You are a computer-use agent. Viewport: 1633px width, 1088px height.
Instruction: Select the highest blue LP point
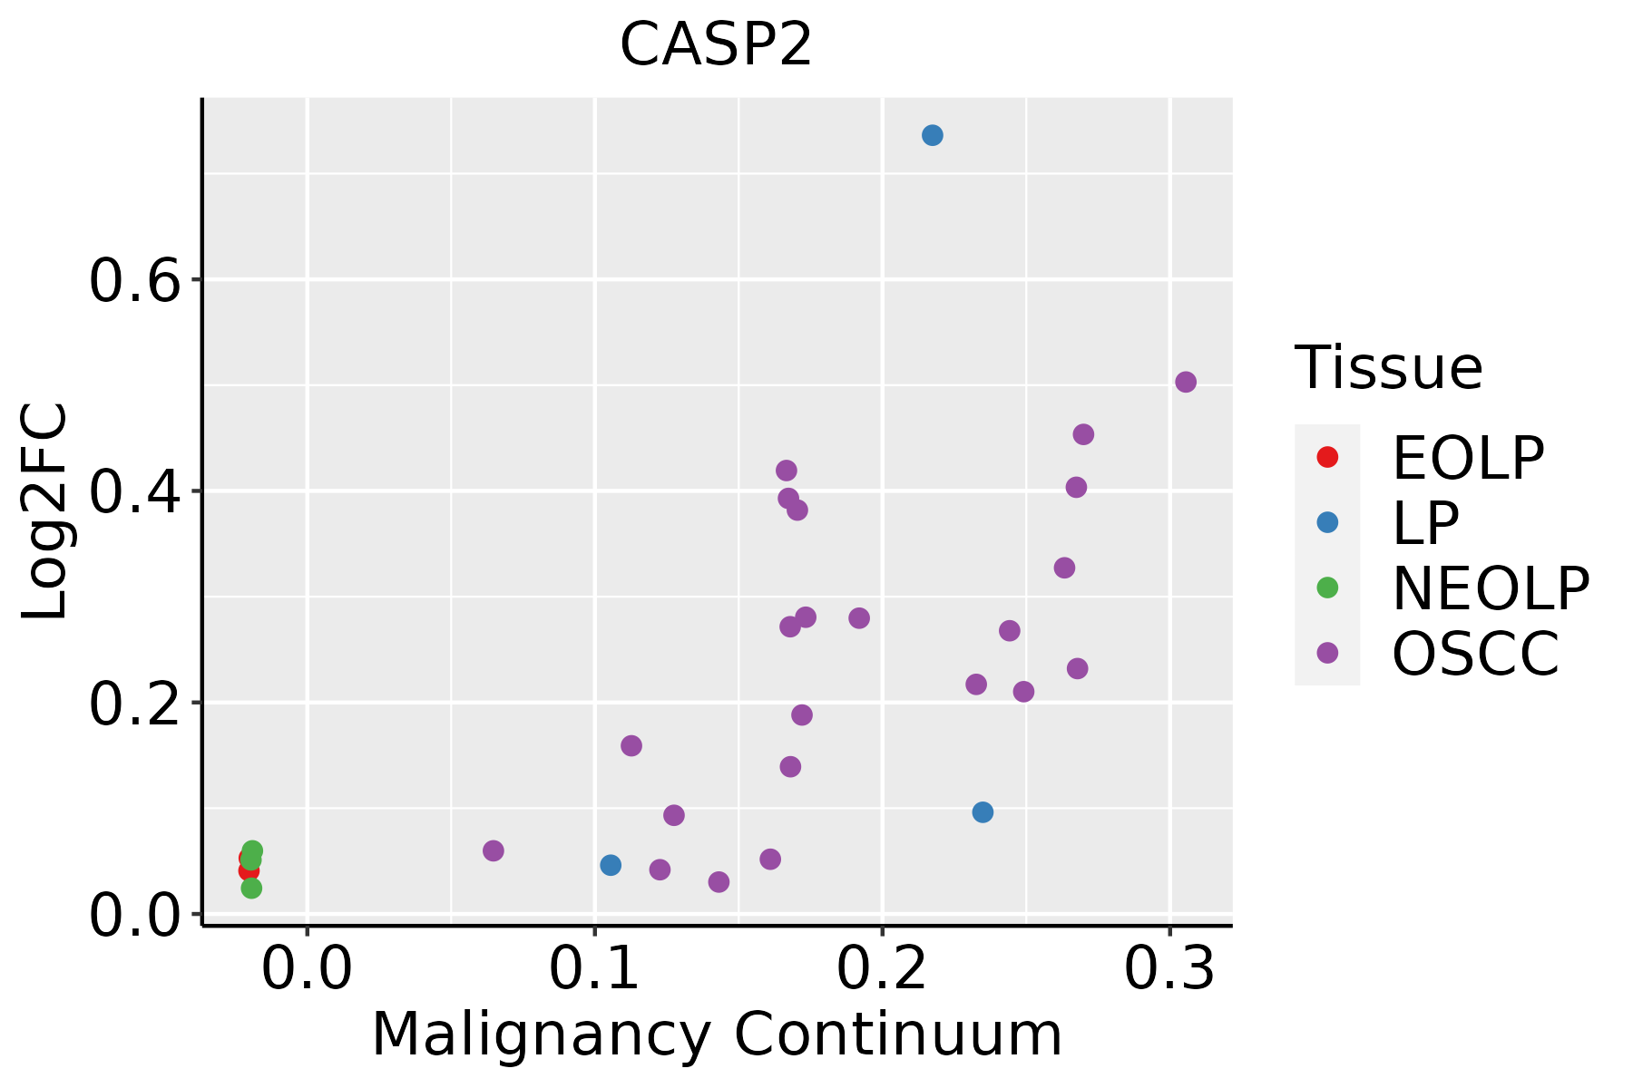(x=932, y=135)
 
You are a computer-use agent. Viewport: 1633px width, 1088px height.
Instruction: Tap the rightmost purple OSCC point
(x=1185, y=382)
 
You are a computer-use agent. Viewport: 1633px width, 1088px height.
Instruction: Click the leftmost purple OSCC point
(x=493, y=850)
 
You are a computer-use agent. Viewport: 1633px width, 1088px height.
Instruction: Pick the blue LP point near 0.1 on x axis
(x=611, y=865)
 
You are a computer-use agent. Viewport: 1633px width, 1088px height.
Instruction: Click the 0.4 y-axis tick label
(x=132, y=491)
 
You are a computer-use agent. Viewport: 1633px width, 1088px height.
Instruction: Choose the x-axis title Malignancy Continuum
(x=717, y=1035)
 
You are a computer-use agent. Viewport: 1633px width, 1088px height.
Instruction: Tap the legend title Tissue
(x=1388, y=368)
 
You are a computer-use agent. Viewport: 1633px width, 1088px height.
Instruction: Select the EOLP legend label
(x=1467, y=458)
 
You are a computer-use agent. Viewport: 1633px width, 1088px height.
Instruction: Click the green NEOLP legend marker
(x=1327, y=588)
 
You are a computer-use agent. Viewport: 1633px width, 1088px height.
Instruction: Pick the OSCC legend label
(x=1475, y=654)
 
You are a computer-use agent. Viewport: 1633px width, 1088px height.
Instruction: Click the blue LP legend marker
(x=1327, y=522)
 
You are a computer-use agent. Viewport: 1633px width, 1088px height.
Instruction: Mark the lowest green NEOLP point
(x=251, y=888)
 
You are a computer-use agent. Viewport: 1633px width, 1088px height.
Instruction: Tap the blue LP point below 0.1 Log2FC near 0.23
(x=983, y=812)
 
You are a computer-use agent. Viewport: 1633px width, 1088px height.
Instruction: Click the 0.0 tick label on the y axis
(x=132, y=916)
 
